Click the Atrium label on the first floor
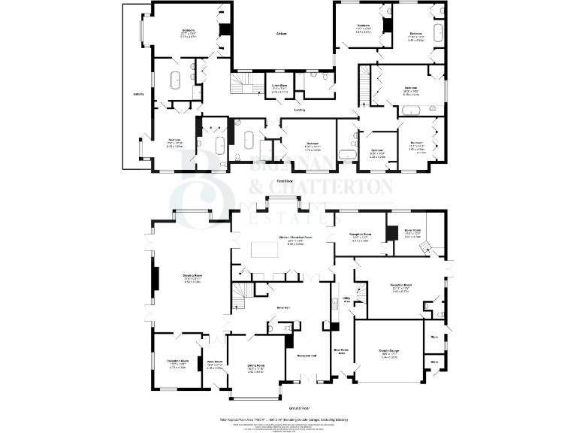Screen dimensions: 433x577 (282, 35)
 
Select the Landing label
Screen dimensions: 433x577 (288, 110)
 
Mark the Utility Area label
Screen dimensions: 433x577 (347, 299)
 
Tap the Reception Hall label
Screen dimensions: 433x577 (304, 356)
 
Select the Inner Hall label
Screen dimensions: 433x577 (282, 307)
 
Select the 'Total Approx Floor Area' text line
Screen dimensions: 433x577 (288, 418)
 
